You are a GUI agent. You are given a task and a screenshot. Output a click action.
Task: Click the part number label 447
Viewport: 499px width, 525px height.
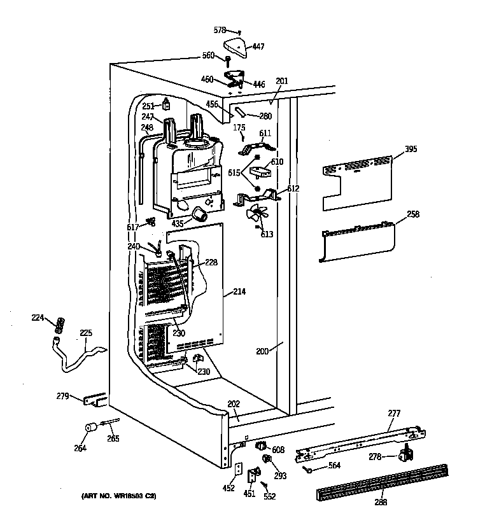[259, 46]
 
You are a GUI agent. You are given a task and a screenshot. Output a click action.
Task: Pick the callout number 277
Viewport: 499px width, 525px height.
[394, 414]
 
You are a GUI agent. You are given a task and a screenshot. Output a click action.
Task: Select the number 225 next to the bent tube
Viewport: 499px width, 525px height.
[85, 332]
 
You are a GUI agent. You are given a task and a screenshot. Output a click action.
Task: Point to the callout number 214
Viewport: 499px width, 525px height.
[240, 291]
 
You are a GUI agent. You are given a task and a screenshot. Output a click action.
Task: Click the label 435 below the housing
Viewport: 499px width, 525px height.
[178, 223]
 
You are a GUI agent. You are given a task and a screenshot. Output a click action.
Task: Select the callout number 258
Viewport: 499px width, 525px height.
[413, 215]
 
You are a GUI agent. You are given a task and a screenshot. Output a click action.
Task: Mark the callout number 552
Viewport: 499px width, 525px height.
[270, 496]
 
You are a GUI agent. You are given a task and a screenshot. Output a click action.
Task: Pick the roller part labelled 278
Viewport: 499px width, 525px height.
[402, 454]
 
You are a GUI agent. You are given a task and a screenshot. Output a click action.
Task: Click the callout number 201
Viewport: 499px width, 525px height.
[282, 81]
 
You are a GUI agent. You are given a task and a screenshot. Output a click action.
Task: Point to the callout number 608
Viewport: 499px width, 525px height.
[278, 450]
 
